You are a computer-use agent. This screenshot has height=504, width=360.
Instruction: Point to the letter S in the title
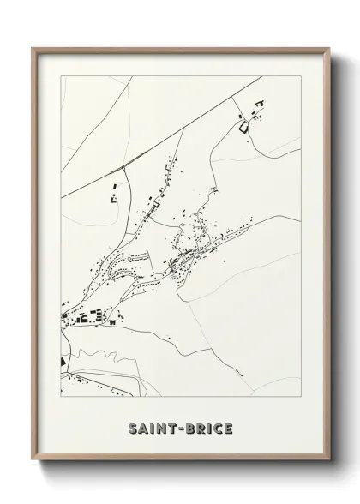[132, 427]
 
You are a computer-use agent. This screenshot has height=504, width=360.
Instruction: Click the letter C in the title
[218, 427]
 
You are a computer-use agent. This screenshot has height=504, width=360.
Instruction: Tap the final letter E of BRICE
[227, 427]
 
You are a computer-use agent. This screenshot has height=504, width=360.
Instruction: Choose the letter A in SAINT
[142, 427]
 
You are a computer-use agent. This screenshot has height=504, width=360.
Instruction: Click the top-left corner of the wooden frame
[33, 48]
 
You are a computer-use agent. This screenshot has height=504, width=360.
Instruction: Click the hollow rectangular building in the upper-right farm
[243, 127]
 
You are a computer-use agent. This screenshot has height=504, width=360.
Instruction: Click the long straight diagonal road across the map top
[197, 120]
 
